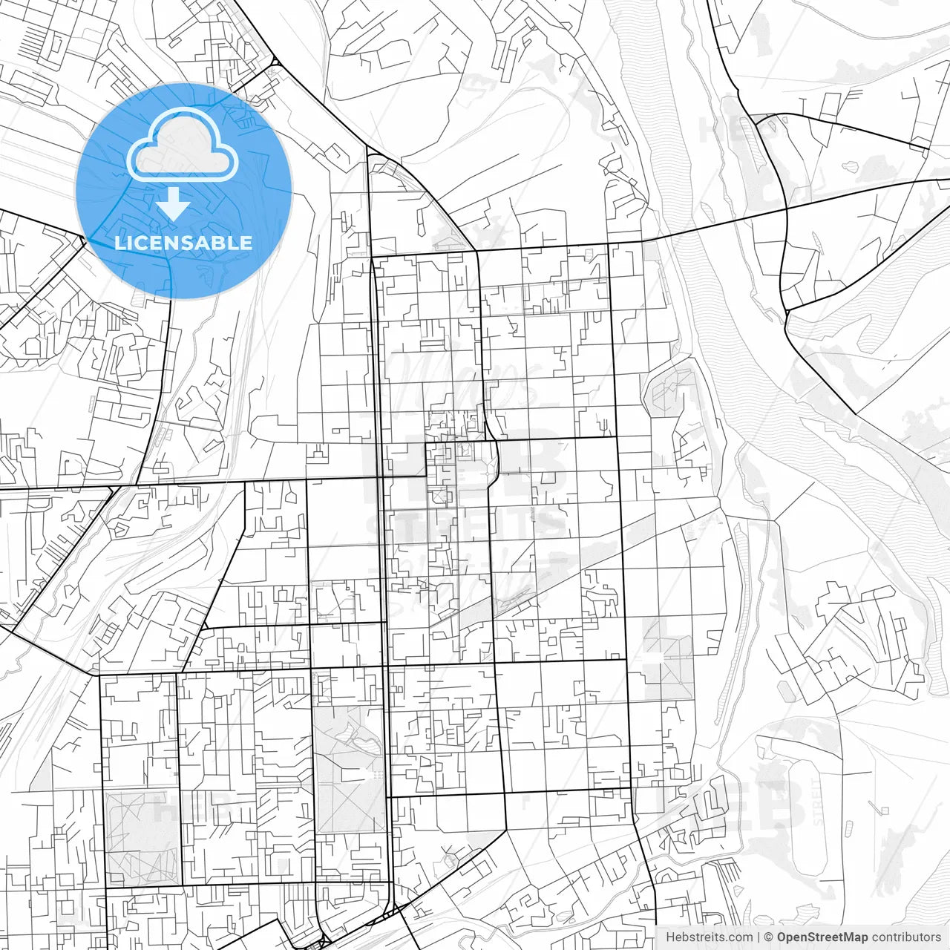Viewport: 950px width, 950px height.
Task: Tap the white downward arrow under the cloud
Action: tap(173, 204)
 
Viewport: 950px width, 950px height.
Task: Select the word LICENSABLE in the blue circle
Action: tap(183, 243)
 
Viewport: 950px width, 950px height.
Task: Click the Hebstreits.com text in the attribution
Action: tap(709, 937)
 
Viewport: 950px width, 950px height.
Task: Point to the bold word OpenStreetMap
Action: tap(822, 937)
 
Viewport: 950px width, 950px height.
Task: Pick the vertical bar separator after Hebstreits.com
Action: tap(759, 937)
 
